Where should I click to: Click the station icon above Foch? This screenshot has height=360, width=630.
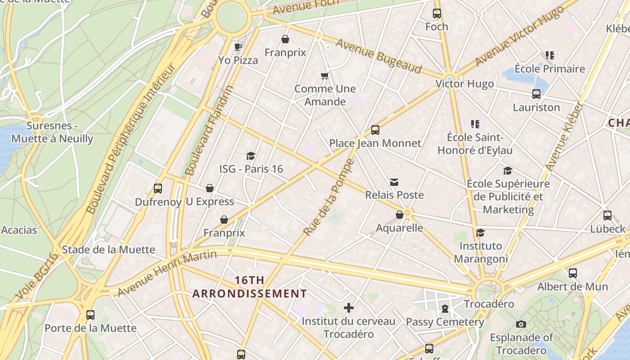(437, 13)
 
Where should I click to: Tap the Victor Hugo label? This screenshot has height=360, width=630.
(464, 84)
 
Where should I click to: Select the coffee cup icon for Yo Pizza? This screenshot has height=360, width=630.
(238, 47)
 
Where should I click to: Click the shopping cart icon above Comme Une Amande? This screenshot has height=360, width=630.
(324, 76)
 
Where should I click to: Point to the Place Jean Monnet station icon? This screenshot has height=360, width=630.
(375, 130)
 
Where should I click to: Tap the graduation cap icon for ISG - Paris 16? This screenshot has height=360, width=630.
(251, 156)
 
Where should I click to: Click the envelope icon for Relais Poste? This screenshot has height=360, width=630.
(394, 182)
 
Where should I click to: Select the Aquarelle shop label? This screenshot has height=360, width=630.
(400, 228)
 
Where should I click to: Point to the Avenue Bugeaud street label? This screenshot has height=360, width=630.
(378, 56)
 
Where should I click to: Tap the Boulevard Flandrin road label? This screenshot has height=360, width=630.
(210, 130)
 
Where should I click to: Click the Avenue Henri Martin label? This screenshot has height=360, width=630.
(167, 274)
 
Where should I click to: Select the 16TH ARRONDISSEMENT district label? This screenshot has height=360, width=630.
(250, 287)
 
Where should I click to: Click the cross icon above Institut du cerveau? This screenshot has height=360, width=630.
(348, 308)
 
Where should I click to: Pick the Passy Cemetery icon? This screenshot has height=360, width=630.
(445, 309)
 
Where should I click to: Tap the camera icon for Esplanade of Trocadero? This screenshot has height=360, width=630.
(521, 324)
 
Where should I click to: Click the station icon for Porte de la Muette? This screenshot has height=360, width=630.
(90, 315)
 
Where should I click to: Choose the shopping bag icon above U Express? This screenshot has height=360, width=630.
(210, 188)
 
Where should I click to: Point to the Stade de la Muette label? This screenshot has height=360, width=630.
(108, 250)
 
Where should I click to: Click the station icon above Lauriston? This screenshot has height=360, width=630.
(536, 94)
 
